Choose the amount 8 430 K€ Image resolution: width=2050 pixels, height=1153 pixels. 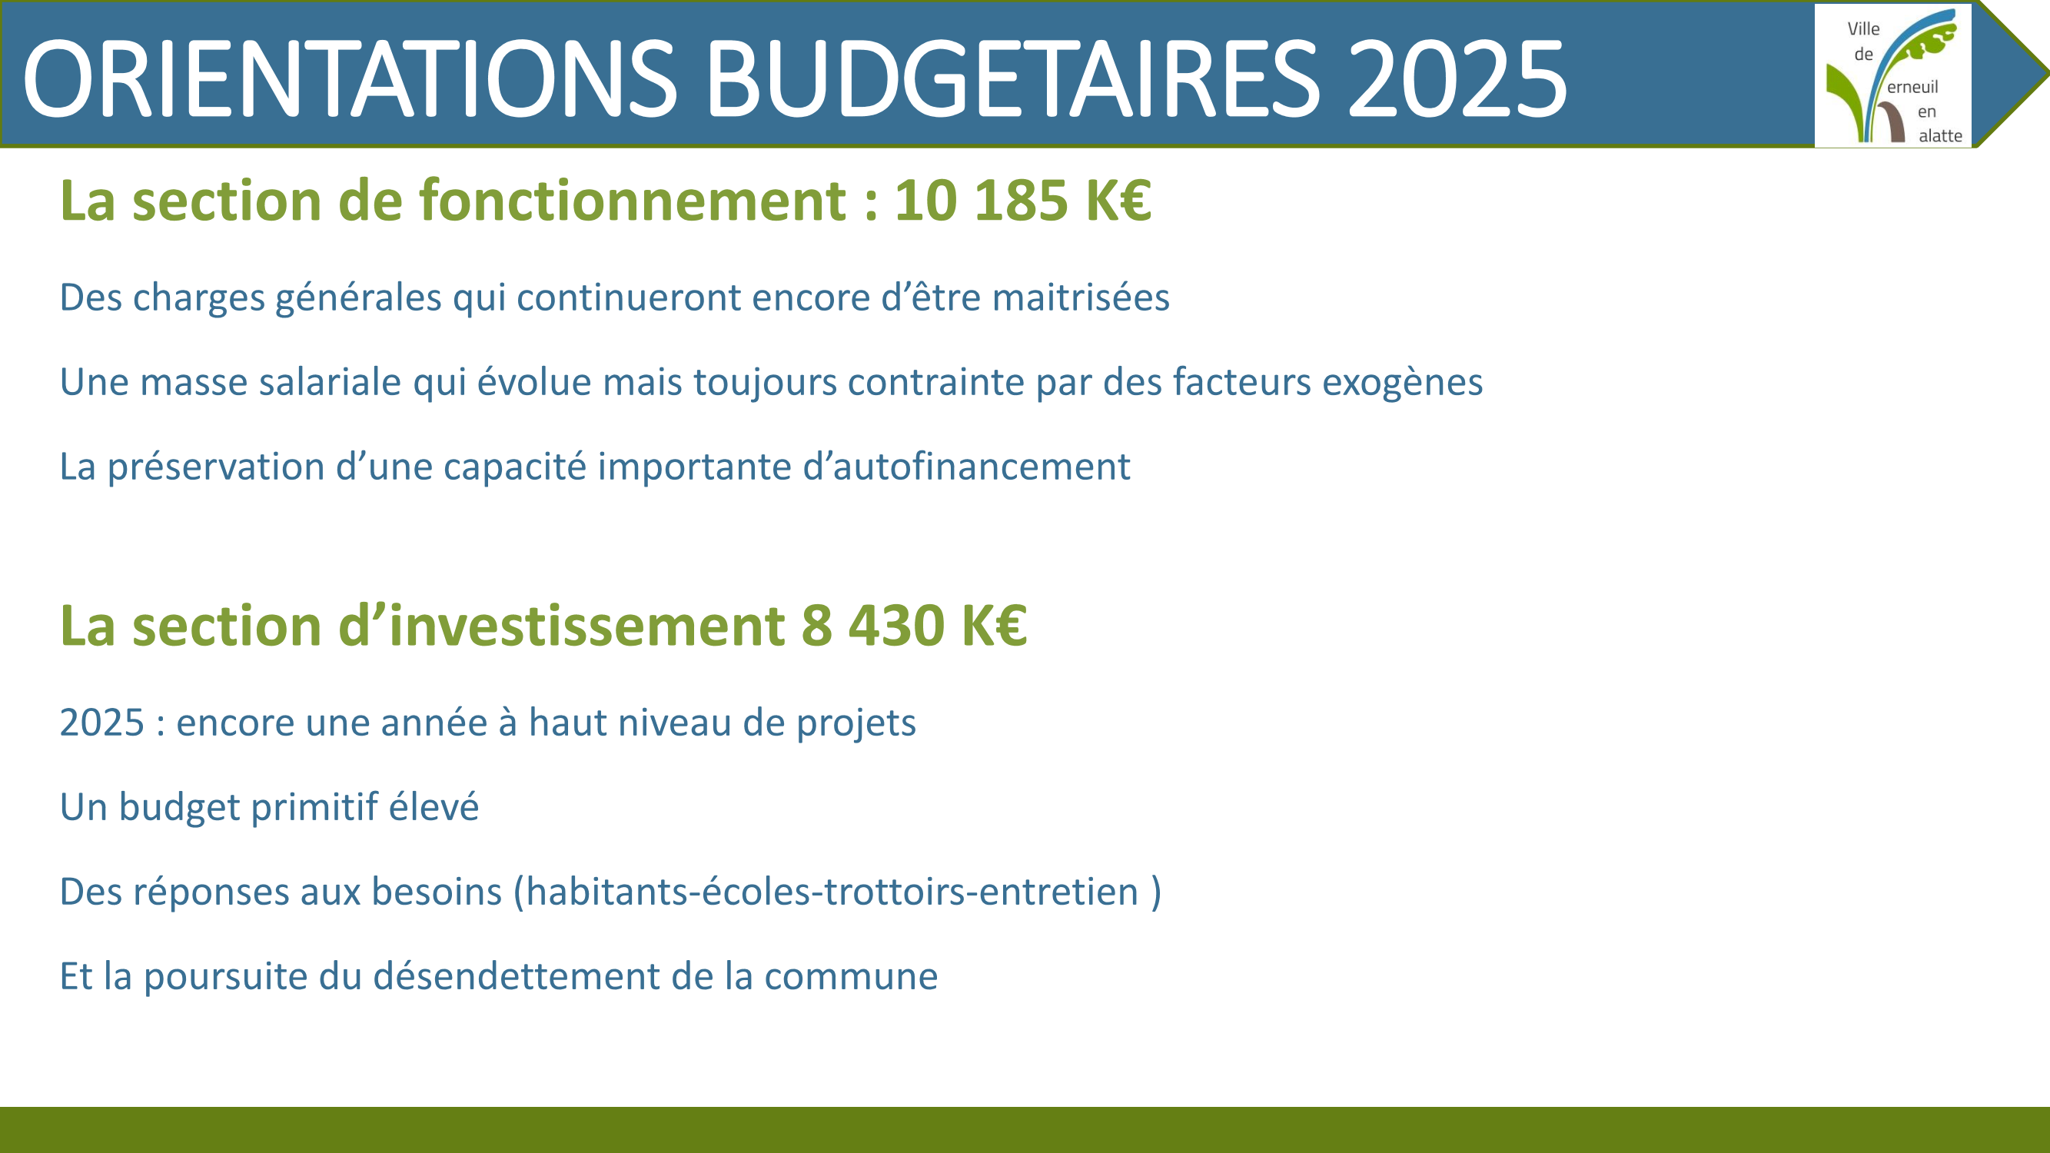pyautogui.click(x=915, y=626)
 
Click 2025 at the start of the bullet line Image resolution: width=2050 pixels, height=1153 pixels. pyautogui.click(x=102, y=723)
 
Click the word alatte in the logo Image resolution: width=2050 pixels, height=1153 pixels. pyautogui.click(x=1940, y=136)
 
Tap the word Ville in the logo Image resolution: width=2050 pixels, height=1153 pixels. pyautogui.click(x=1864, y=28)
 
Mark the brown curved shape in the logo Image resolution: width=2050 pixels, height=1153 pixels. pyautogui.click(x=1893, y=120)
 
